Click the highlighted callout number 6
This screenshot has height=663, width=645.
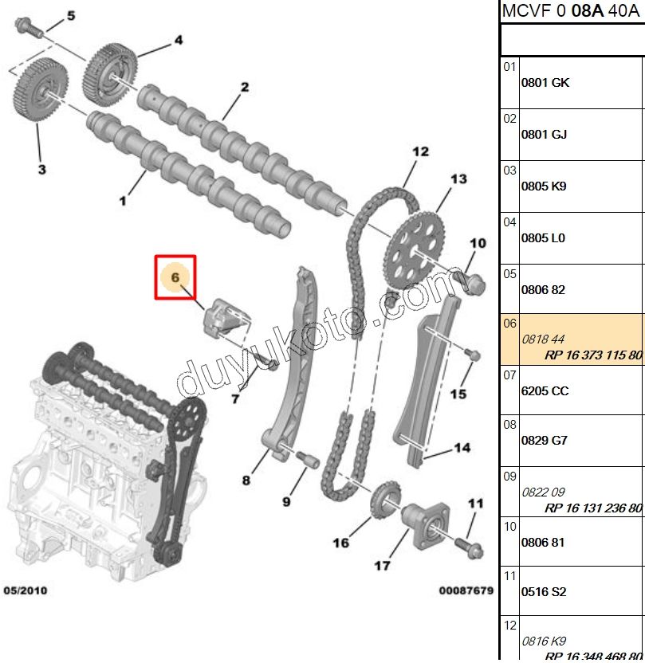pos(175,277)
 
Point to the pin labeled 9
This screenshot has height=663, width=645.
pos(309,460)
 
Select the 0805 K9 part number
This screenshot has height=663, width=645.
pos(544,186)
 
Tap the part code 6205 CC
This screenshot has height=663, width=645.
pos(545,391)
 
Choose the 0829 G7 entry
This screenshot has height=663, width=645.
pos(545,441)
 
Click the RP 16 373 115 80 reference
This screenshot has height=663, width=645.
pos(593,355)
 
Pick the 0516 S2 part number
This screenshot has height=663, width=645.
pos(544,592)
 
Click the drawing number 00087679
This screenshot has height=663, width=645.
pos(466,590)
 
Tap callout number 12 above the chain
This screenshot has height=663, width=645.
pos(420,151)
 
